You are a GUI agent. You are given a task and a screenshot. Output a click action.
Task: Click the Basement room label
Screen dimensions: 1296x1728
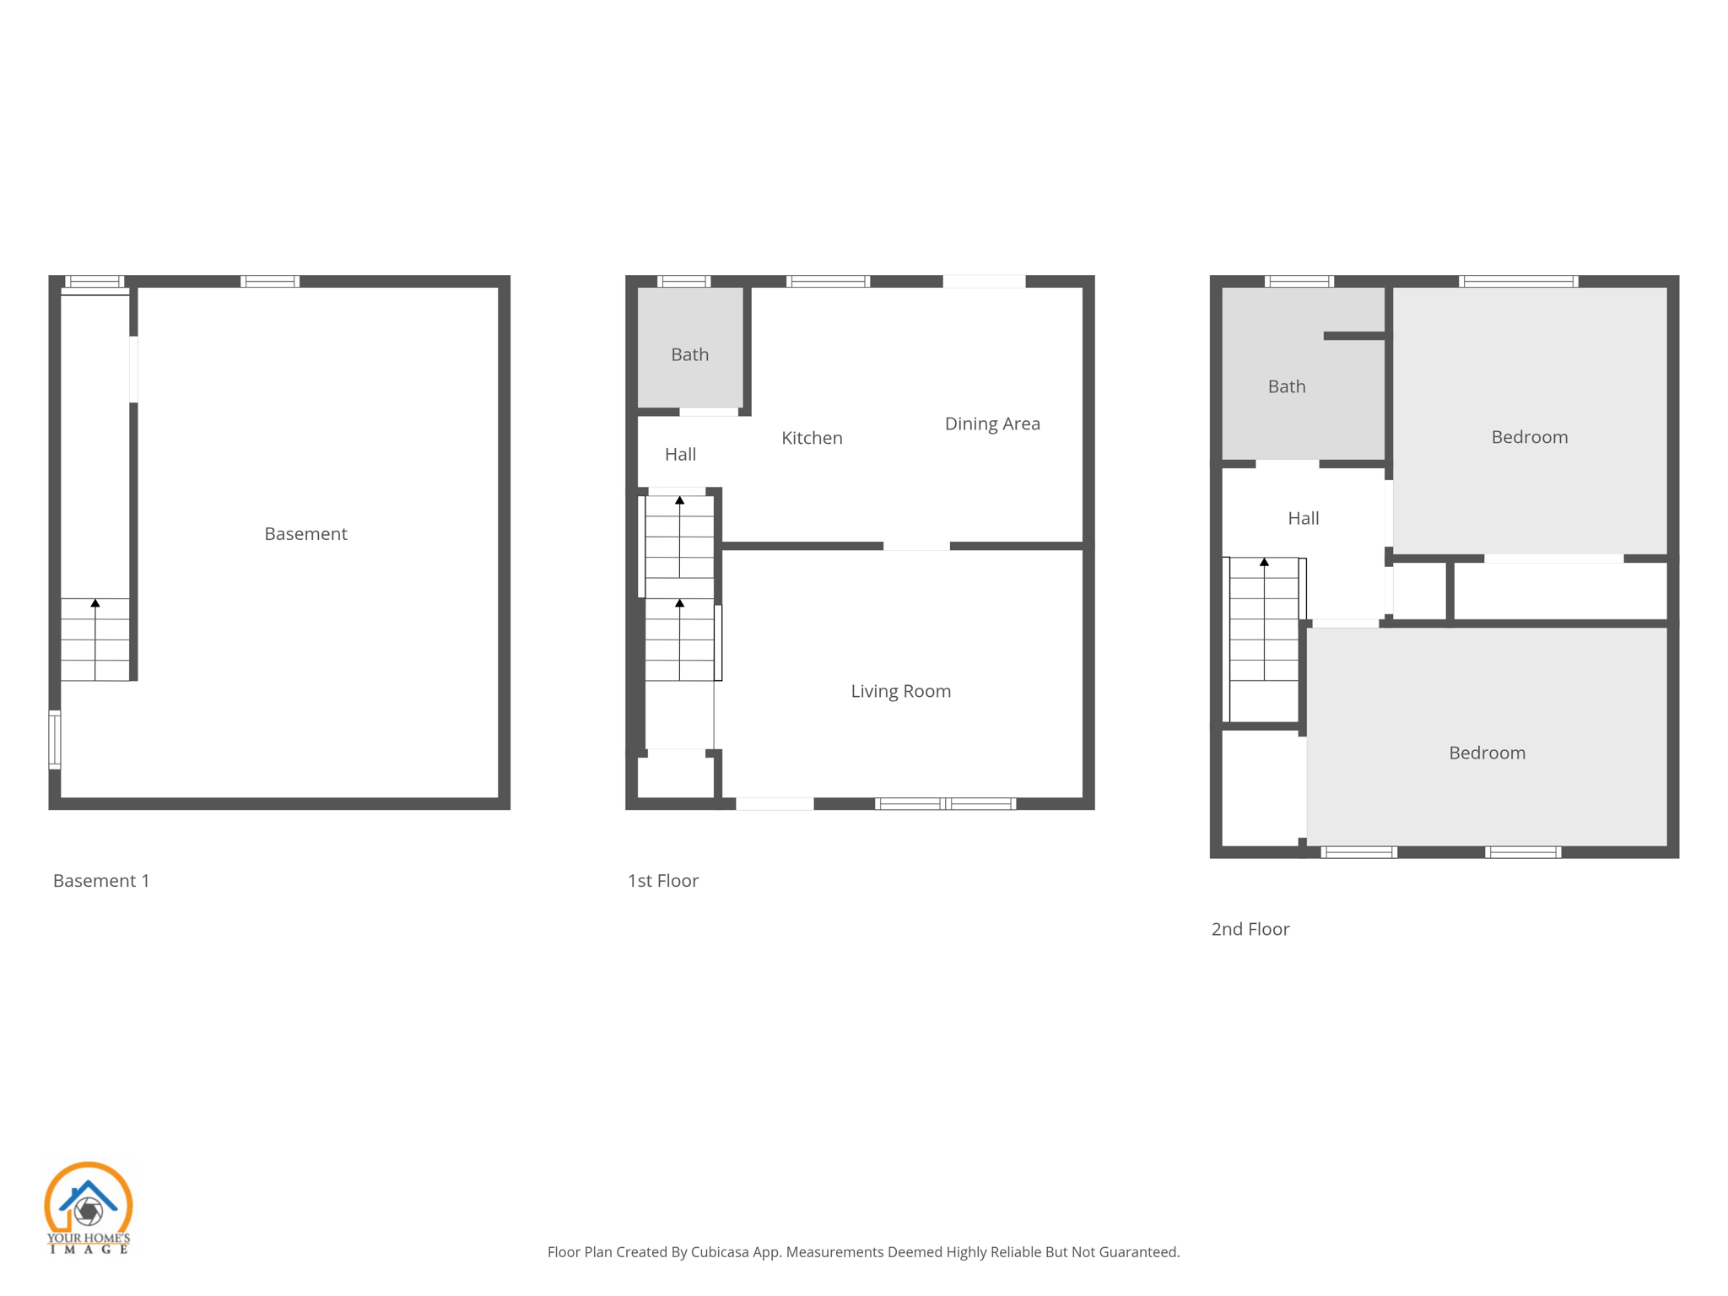(305, 534)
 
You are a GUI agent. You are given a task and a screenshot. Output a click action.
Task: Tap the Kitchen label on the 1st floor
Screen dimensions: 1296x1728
(812, 438)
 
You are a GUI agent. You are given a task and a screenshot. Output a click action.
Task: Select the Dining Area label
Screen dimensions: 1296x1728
(992, 424)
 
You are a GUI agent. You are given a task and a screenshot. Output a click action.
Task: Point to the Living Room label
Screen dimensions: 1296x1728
(900, 691)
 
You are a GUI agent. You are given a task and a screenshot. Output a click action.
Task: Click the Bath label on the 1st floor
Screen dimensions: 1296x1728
(689, 354)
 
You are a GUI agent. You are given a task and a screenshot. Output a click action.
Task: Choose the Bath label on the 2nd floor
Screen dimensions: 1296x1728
(1287, 386)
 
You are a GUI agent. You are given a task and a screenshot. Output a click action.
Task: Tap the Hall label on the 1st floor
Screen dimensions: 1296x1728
(680, 455)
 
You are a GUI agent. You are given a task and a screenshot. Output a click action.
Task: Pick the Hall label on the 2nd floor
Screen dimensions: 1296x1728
(1304, 518)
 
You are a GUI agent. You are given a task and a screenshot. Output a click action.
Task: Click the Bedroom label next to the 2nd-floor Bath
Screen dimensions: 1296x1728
(1529, 437)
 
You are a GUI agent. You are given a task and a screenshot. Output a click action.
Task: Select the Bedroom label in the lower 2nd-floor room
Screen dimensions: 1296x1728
(1487, 753)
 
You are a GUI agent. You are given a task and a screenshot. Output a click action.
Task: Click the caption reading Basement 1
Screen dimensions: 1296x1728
(101, 881)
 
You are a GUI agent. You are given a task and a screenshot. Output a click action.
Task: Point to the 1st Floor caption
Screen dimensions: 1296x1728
(663, 881)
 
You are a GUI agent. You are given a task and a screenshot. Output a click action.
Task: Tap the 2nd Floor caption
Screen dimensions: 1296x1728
(1250, 929)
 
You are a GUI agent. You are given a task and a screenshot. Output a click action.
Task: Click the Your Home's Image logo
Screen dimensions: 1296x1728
(88, 1207)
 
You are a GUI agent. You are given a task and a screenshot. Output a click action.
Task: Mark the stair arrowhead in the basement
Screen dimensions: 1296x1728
(95, 603)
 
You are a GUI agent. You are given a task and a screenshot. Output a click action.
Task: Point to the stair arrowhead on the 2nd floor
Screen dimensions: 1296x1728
(1264, 562)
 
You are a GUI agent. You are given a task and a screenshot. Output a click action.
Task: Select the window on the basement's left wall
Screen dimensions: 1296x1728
(55, 740)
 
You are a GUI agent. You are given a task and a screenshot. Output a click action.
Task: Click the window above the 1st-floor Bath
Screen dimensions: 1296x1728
(683, 281)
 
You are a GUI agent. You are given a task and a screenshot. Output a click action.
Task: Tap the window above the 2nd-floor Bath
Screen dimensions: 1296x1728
(1299, 281)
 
